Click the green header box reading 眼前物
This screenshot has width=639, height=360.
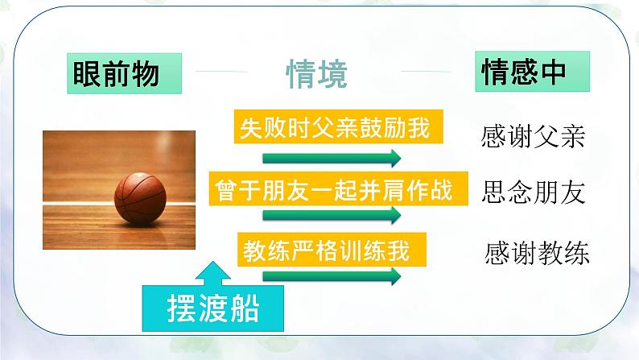coord(124,73)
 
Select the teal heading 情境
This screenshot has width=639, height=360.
coord(316,74)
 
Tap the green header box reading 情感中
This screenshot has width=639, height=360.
coord(532,72)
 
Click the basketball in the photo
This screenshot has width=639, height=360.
coord(140,198)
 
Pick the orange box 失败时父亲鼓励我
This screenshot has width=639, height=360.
coord(338,126)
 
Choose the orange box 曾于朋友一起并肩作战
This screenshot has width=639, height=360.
coord(338,188)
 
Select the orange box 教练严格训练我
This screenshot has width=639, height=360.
coord(332,250)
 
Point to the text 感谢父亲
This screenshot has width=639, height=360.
coord(533,136)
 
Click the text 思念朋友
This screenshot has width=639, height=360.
coord(533,192)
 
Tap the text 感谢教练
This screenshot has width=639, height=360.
coord(537,253)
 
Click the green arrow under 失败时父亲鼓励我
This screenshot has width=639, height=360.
coord(332,158)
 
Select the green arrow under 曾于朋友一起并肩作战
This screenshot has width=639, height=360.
coord(332,215)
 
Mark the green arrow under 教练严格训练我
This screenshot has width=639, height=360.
coord(332,276)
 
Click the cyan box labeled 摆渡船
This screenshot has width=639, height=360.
coord(212,308)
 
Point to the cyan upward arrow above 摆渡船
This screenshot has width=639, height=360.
coord(212,274)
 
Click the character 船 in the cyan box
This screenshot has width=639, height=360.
coord(245,308)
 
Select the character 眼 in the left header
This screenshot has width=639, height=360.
coord(86,73)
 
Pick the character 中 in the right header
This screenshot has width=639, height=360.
coord(554,72)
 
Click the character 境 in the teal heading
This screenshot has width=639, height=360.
coord(332,74)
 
